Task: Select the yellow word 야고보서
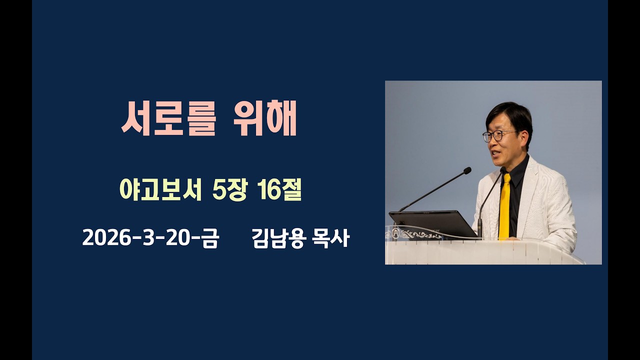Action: click(160, 190)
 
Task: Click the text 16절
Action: click(280, 190)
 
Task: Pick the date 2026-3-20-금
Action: click(150, 239)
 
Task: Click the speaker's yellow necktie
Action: click(505, 205)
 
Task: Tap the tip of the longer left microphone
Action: click(467, 171)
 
